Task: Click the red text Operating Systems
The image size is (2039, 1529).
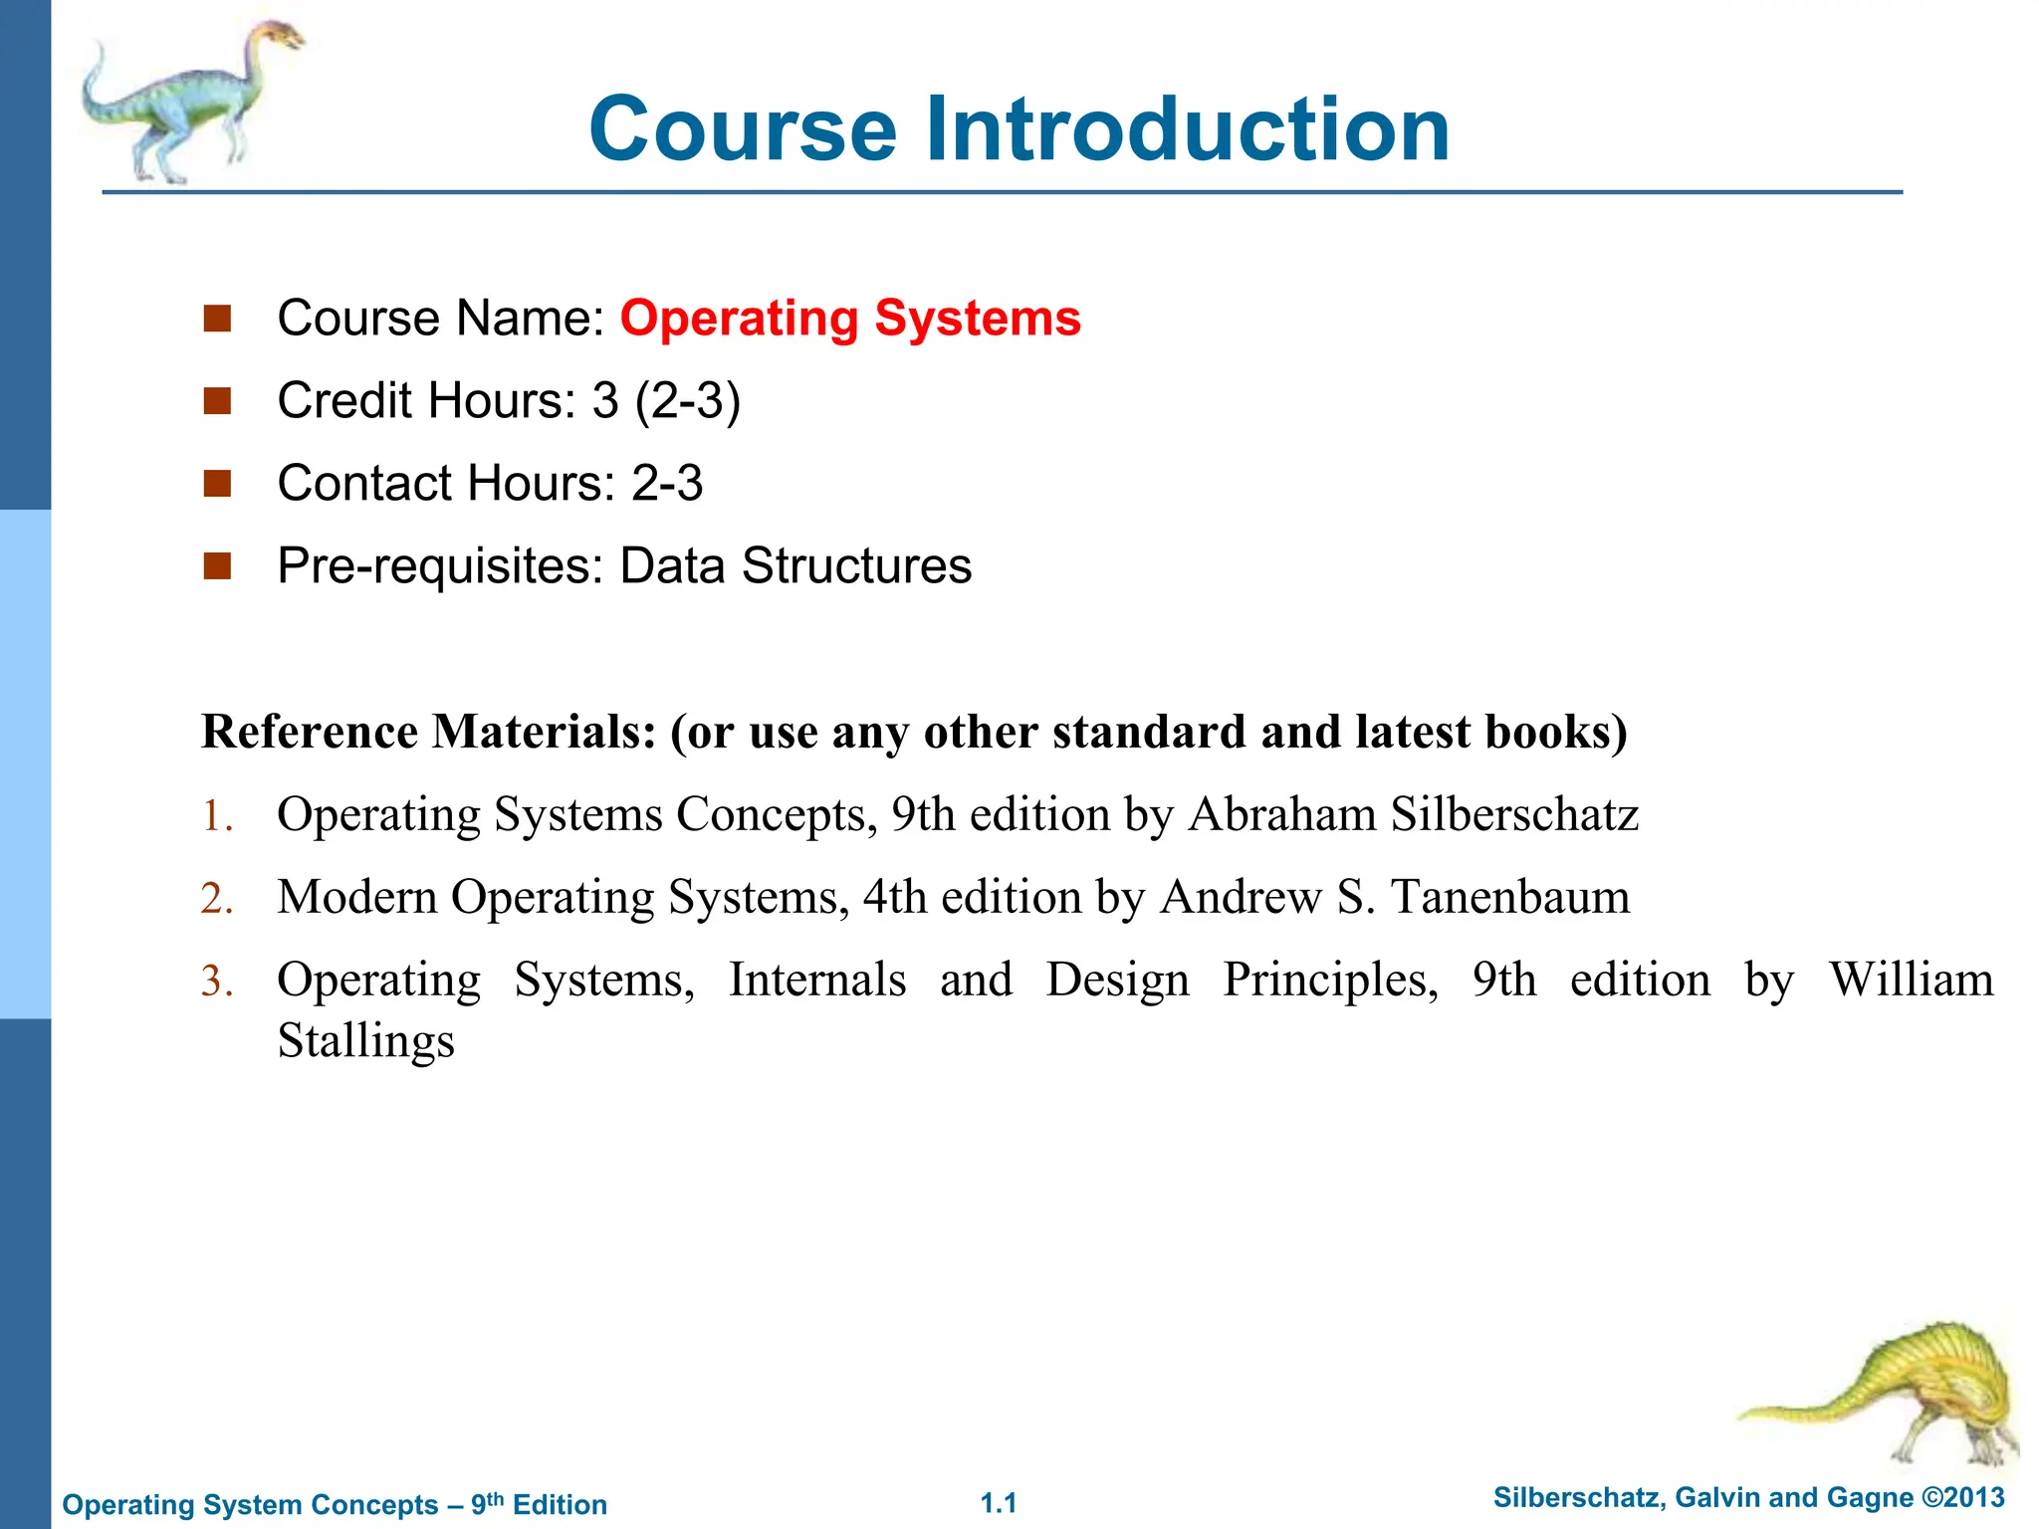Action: click(850, 319)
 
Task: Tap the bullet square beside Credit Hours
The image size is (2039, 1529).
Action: click(217, 401)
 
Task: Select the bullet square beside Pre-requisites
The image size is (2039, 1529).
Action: click(217, 566)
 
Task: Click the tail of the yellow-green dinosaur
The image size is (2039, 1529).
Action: click(1792, 1412)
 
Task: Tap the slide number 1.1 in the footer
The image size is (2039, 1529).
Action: click(999, 1503)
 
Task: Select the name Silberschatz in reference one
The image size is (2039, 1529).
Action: click(1514, 815)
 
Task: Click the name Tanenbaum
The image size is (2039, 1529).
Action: click(1509, 898)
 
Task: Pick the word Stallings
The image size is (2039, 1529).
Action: click(365, 1041)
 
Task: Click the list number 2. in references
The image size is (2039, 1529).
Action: click(217, 899)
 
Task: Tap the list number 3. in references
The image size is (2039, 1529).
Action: click(217, 982)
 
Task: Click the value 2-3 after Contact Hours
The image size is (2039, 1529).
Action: click(667, 484)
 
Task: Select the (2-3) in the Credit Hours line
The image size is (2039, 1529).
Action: click(688, 401)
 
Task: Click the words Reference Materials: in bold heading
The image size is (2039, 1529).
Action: click(429, 733)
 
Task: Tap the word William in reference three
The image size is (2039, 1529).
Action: click(1911, 980)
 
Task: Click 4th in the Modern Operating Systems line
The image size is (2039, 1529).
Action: click(895, 898)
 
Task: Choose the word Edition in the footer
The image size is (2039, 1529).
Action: click(560, 1505)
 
